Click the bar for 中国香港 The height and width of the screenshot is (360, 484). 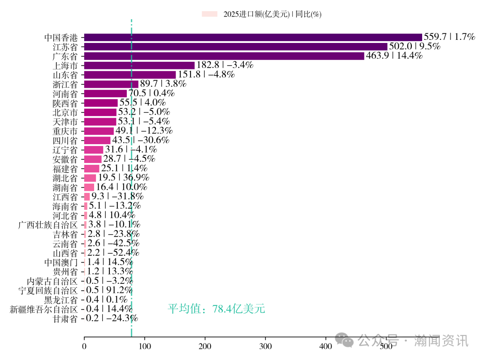tap(253, 37)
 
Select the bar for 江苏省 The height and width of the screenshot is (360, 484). tap(235, 47)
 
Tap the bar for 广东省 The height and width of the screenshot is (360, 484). tap(224, 56)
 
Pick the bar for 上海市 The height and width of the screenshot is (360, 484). tap(139, 65)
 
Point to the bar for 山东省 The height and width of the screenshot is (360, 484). tap(130, 75)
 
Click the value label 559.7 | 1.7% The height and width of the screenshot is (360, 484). tap(449, 37)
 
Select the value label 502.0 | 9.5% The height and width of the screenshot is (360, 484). tap(415, 47)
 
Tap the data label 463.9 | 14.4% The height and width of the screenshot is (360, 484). tap(394, 56)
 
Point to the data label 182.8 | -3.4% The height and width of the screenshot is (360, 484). tap(225, 65)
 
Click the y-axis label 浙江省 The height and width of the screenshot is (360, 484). tap(65, 84)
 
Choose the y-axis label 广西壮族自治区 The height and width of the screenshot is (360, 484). tap(48, 225)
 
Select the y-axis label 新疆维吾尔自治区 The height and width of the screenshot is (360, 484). tap(44, 309)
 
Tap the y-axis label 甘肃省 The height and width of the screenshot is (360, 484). tap(65, 319)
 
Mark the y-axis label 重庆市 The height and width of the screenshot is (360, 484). tap(65, 131)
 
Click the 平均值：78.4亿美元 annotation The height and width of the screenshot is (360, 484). tap(216, 309)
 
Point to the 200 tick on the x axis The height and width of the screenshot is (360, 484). tap(205, 346)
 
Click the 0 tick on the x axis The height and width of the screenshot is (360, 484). tap(84, 346)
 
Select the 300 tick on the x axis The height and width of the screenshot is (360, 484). tap(265, 346)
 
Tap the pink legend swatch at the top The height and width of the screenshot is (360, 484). tap(209, 14)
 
